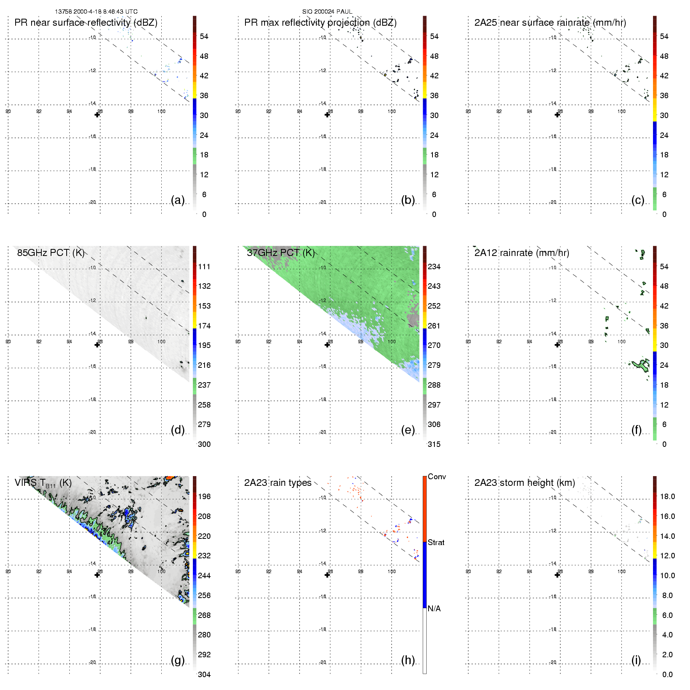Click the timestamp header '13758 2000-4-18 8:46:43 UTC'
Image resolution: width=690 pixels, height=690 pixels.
coord(96,12)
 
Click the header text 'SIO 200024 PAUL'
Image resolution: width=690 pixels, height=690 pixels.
coord(327,12)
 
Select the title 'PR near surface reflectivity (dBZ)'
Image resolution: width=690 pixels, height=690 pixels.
coord(86,23)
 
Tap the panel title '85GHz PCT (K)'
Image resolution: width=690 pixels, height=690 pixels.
coord(51,252)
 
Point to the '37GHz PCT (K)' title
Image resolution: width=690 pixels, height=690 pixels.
coord(281,252)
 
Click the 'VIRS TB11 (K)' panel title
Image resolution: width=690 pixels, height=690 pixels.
coord(43,483)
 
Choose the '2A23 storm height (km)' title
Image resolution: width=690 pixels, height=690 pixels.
coord(524,483)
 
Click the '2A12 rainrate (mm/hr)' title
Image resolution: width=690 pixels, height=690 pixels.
coord(521,253)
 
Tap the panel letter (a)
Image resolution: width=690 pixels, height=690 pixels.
coord(178,200)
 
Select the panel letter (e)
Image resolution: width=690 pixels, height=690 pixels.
coord(408,430)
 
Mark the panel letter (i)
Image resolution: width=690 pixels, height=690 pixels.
coord(636,660)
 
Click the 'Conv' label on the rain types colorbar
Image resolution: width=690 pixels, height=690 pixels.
coord(437,476)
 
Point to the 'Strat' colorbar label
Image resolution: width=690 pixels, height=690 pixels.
coord(436,542)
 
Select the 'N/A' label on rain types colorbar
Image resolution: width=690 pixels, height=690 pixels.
coord(434,609)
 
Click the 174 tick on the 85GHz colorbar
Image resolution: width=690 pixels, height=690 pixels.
coord(204,326)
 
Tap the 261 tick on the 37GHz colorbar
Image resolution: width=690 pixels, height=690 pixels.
coord(434,326)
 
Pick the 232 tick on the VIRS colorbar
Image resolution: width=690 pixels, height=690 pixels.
coord(204,556)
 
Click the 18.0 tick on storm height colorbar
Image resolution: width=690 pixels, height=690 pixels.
coord(667,496)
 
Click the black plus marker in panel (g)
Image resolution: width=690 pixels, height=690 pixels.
coord(97,575)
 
